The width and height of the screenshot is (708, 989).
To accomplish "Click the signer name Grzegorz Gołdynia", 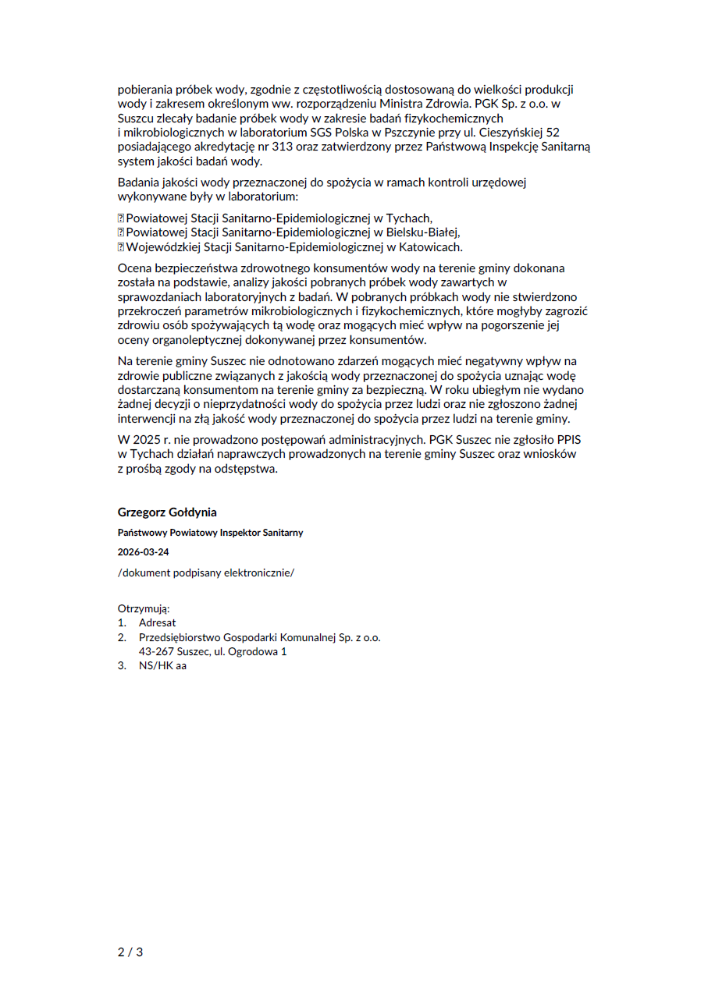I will point(167,512).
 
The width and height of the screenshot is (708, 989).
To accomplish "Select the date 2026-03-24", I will point(144,552).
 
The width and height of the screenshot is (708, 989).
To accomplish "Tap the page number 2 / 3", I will point(130,952).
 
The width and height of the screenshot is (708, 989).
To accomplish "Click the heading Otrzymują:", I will point(144,608).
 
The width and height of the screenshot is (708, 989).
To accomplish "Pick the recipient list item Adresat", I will point(158,623).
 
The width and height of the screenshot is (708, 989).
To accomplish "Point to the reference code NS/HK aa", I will point(162,666).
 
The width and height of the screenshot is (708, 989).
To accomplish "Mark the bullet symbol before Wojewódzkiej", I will point(121,247).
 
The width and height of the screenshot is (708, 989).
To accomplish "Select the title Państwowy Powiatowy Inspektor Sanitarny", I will point(210,533).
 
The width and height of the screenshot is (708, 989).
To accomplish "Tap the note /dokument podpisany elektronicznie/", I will point(206,572).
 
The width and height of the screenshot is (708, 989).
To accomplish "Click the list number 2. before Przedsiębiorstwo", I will point(123,637).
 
